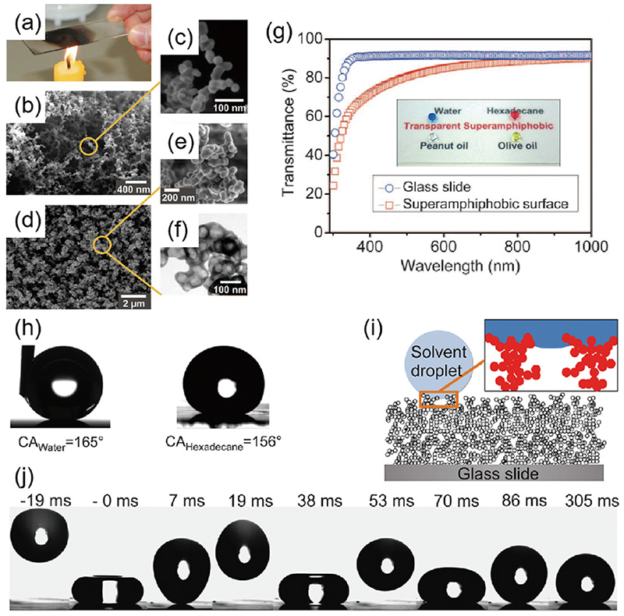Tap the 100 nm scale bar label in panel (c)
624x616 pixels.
coord(229,108)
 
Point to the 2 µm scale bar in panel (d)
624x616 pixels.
coord(133,296)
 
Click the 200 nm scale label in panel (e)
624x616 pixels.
coord(179,197)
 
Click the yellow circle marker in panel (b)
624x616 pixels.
coord(88,146)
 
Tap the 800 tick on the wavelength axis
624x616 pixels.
coord(517,246)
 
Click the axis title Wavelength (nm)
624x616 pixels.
coord(459,266)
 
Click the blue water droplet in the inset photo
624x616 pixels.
coord(432,117)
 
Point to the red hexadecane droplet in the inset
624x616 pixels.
coord(515,115)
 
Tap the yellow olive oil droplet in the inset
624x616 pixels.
coord(516,137)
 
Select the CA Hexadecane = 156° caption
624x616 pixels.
coord(223,443)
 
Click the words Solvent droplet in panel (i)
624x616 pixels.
coord(438,361)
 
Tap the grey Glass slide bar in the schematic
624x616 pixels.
coord(494,473)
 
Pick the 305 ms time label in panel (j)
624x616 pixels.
coord(592,501)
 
